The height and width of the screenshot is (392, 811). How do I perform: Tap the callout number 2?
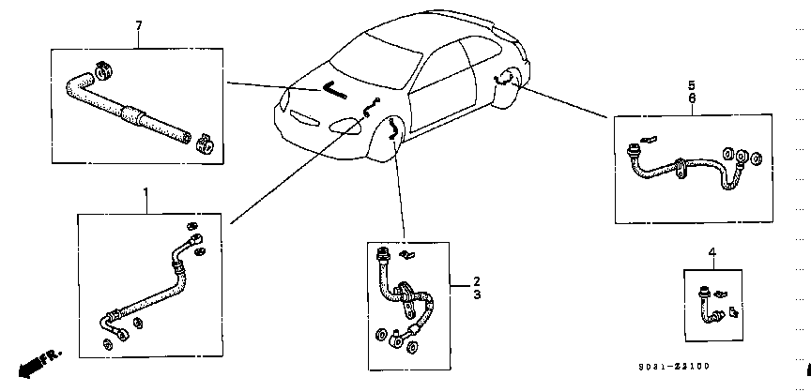(477, 281)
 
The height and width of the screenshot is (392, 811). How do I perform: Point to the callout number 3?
(477, 294)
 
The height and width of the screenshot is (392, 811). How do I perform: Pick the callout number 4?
(712, 252)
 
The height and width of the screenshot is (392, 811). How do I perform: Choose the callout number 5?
(692, 84)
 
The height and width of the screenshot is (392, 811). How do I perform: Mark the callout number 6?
(692, 98)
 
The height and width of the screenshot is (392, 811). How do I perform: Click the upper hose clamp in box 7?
(104, 69)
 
